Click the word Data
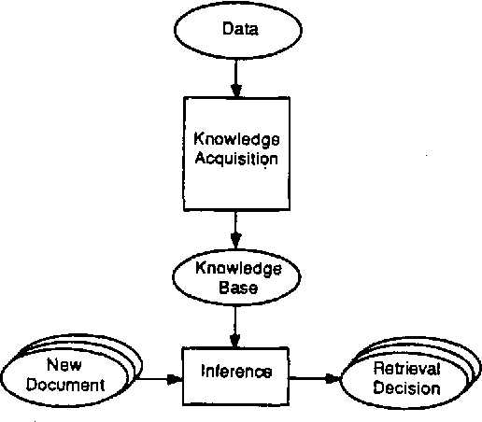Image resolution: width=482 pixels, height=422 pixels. [x=239, y=30]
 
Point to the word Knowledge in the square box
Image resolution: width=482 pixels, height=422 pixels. [x=236, y=140]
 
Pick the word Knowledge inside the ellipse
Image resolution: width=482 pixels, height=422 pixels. [x=237, y=269]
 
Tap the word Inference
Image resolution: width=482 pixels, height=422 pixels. [x=235, y=372]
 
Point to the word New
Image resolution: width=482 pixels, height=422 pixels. [x=71, y=366]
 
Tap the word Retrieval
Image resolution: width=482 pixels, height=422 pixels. [x=405, y=370]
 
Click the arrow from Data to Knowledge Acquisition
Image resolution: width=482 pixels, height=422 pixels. [x=237, y=78]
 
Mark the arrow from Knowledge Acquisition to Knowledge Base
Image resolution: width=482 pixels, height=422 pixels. [x=237, y=230]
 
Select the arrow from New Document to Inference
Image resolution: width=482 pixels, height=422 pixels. [x=159, y=379]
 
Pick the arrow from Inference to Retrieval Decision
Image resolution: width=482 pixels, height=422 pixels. [x=315, y=379]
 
